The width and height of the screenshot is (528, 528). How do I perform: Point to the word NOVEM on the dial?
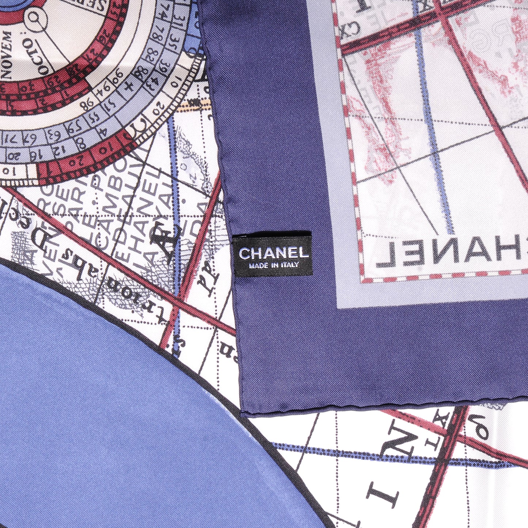tap(8, 55)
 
